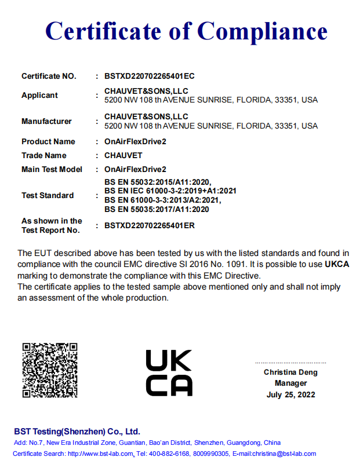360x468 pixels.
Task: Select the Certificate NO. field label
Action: [x=49, y=76]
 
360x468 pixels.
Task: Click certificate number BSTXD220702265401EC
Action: [x=150, y=76]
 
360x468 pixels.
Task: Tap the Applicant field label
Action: [x=39, y=95]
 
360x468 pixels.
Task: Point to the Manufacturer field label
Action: [x=46, y=121]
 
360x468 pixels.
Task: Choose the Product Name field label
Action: [x=48, y=141]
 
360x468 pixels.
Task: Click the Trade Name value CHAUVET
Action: [x=123, y=155]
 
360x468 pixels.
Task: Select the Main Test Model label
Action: [x=52, y=169]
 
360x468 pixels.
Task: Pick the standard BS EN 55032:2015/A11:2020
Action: [x=158, y=182]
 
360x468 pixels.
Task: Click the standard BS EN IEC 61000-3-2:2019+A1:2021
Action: [x=170, y=191]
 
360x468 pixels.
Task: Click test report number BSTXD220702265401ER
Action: [x=150, y=225]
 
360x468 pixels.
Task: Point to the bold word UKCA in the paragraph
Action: [x=336, y=264]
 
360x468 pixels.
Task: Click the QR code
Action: [x=50, y=370]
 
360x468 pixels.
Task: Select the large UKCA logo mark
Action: [x=169, y=372]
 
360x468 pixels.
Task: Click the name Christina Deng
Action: [x=290, y=372]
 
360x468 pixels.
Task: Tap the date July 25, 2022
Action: [x=290, y=394]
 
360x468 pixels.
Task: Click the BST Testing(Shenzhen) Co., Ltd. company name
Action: [x=77, y=432]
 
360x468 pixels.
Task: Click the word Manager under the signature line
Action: [x=290, y=383]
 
